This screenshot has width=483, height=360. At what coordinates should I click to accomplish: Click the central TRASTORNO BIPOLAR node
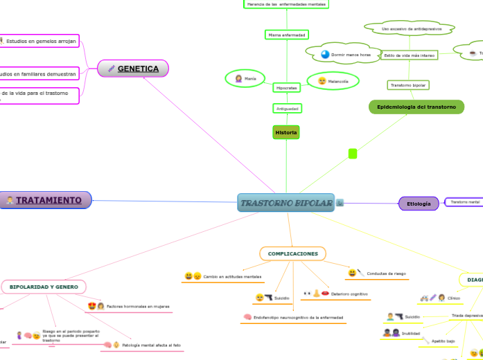[x=286, y=203]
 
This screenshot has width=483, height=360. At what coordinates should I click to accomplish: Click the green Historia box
[x=286, y=132]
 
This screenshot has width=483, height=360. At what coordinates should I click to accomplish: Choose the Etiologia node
[x=419, y=203]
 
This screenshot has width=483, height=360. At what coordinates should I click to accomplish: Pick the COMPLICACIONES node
[x=292, y=254]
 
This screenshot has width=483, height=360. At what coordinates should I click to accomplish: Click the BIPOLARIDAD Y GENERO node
[x=44, y=286]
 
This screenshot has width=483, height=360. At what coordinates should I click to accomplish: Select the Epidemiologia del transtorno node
[x=416, y=107]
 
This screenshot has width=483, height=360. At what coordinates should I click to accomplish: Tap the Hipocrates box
[x=286, y=89]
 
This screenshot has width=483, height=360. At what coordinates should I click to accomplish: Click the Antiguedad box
[x=287, y=109]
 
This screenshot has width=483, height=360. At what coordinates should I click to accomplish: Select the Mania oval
[x=245, y=79]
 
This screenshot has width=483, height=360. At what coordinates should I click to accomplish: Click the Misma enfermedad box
[x=286, y=35]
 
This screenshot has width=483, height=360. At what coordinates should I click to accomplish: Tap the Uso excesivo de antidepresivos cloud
[x=408, y=29]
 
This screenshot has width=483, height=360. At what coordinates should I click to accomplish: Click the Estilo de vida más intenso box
[x=409, y=55]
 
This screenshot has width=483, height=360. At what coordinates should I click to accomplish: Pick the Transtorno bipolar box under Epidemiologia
[x=408, y=85]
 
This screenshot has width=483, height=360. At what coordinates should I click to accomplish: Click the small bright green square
[x=352, y=153]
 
